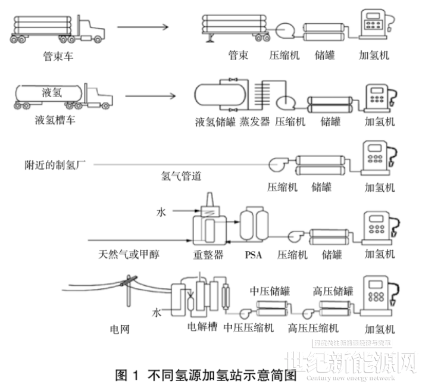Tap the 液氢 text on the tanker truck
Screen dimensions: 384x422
tap(52, 92)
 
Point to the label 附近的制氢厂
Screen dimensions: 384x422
tap(56, 163)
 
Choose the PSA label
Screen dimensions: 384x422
tap(253, 255)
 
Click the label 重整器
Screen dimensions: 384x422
tap(209, 255)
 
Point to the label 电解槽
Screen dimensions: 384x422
tap(202, 327)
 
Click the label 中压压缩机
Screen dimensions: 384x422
tap(249, 328)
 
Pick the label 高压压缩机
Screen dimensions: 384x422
tap(313, 328)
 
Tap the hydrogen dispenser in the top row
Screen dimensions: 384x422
tap(374, 25)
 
